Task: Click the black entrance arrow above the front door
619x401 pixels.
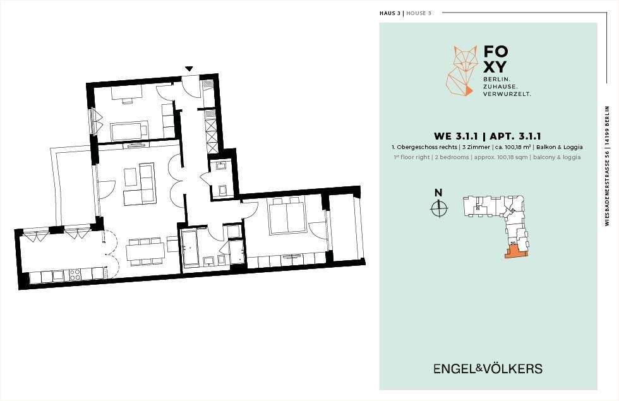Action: point(188,68)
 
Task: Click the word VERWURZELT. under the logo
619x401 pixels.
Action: point(507,93)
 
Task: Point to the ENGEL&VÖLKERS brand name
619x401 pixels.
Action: point(488,369)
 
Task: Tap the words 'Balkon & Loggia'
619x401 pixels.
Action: point(561,147)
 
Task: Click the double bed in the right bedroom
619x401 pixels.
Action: point(287,218)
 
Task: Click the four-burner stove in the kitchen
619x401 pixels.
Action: point(75,274)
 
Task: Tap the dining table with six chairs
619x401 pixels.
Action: point(145,251)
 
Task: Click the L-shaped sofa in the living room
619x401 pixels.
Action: point(140,184)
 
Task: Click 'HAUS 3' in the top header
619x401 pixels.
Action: point(390,13)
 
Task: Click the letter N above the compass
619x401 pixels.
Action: point(438,193)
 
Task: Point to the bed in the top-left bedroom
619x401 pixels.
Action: point(130,132)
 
